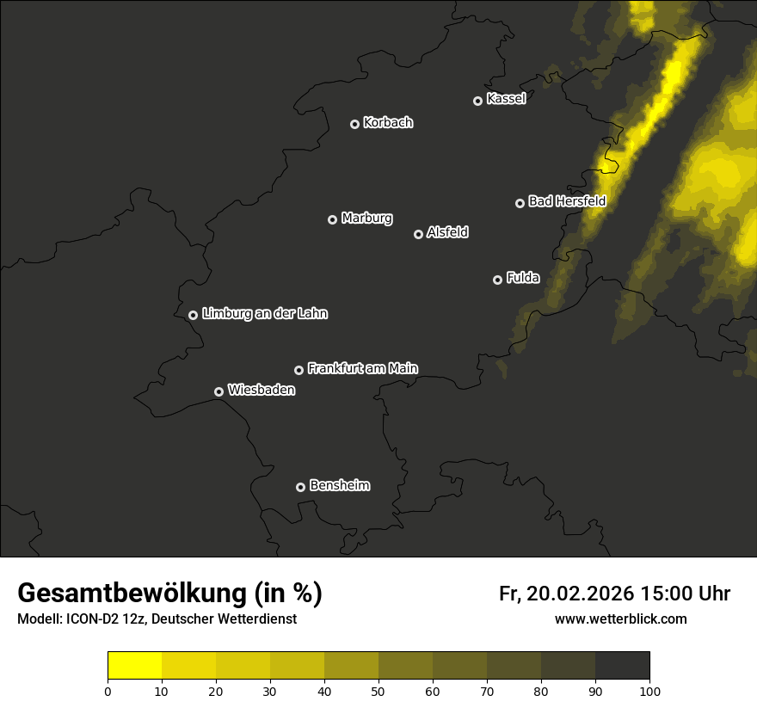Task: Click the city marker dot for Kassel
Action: click(477, 101)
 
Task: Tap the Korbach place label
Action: click(388, 123)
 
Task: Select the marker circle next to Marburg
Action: click(332, 219)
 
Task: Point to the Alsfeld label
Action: click(447, 232)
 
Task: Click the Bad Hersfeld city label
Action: click(567, 201)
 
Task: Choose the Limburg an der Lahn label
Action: click(264, 314)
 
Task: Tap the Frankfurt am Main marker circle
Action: click(298, 370)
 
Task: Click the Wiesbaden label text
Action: click(262, 391)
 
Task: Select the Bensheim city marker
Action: click(300, 487)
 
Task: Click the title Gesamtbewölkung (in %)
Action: click(169, 594)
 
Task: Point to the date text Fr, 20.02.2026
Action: click(567, 594)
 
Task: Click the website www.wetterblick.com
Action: click(620, 619)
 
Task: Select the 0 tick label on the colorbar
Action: click(108, 691)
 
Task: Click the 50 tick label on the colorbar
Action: click(378, 691)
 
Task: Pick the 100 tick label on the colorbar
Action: click(649, 691)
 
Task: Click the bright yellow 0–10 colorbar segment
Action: click(134, 666)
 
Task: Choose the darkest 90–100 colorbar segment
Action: click(622, 666)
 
